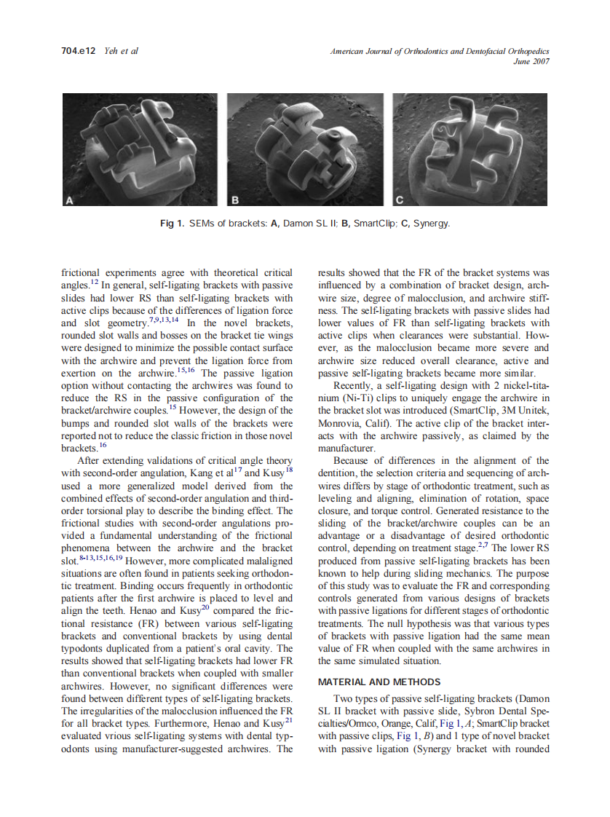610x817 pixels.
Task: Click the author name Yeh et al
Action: tap(122, 51)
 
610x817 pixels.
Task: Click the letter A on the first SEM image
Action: tap(71, 200)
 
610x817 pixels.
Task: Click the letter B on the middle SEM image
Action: tap(236, 200)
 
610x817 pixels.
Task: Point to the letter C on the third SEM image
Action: tap(400, 200)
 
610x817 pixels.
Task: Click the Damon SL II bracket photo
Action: tap(140, 151)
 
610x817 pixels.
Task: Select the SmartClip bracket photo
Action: tap(305, 151)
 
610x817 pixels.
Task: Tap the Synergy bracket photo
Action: tap(470, 151)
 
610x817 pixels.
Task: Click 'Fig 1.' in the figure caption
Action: tap(172, 223)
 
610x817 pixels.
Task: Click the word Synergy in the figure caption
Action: tap(431, 223)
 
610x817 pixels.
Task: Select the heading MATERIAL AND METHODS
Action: tap(379, 682)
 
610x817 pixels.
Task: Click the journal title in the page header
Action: tap(439, 51)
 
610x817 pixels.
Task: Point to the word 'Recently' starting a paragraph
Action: tap(351, 385)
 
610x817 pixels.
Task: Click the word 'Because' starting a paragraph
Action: tap(352, 461)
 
